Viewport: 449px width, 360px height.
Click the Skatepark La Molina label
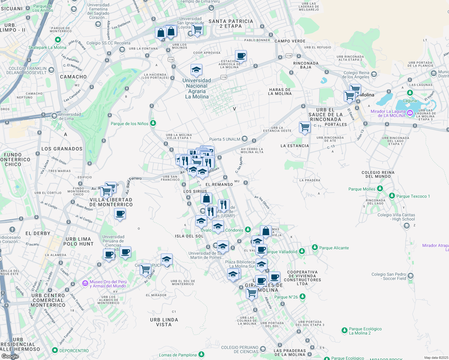(x=47, y=47)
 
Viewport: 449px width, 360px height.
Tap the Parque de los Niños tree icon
(x=153, y=123)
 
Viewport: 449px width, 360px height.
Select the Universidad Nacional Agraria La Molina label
(x=197, y=88)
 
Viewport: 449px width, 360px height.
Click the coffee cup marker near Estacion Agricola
(x=241, y=55)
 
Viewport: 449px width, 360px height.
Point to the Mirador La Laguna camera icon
(x=410, y=113)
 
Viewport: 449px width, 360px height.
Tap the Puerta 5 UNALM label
(x=224, y=139)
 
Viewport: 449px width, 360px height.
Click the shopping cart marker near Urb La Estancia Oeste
(x=305, y=127)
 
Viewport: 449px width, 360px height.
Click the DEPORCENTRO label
(x=74, y=351)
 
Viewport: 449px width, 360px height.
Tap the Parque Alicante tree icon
(x=315, y=247)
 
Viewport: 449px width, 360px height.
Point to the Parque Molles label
(x=362, y=189)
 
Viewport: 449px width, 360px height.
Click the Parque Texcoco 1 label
(x=413, y=196)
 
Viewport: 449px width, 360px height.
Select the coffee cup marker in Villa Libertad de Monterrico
(x=120, y=214)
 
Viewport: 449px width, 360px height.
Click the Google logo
(x=10, y=356)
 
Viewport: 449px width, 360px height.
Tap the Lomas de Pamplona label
(x=178, y=355)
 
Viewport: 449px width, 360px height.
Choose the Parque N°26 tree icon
(x=302, y=297)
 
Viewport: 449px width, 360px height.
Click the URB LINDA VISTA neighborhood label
(x=164, y=322)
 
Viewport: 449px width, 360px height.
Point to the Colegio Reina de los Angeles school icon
(x=374, y=74)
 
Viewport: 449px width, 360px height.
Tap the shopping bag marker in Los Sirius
(x=206, y=199)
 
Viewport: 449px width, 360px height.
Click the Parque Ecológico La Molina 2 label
(x=365, y=331)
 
